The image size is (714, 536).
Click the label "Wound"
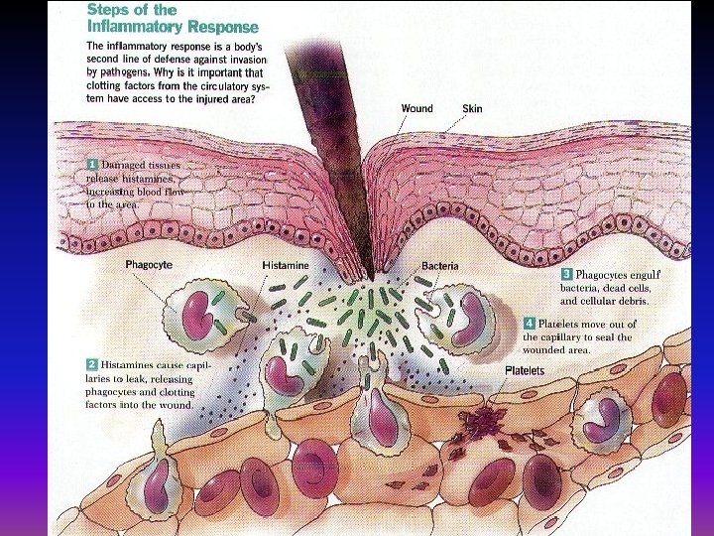(x=416, y=108)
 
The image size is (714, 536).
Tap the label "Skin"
(x=472, y=108)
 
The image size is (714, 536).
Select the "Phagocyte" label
(x=149, y=266)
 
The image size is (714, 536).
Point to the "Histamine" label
(x=285, y=266)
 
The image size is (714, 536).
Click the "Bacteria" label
(x=438, y=266)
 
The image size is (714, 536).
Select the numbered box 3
(x=567, y=273)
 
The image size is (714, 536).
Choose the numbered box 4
(x=530, y=324)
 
